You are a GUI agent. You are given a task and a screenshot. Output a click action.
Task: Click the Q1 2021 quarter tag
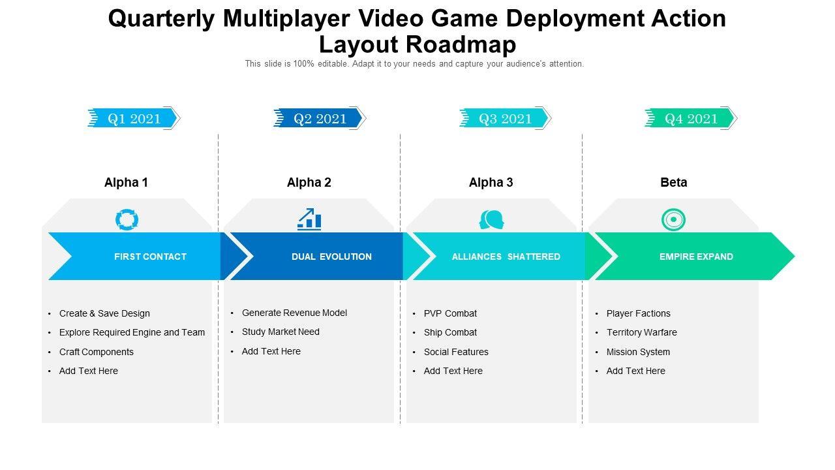point(134,118)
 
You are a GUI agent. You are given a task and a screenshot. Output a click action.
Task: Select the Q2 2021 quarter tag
point(320,118)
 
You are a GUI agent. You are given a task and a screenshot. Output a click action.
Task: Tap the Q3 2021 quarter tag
point(505,118)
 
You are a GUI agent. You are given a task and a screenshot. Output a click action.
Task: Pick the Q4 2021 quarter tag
point(691,118)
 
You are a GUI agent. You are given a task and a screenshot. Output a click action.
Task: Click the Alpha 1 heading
point(126,183)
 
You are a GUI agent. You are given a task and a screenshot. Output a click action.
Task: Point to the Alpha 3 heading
point(491,183)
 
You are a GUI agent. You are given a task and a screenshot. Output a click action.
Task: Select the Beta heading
point(673,183)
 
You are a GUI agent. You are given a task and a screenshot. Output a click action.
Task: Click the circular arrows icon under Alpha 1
point(127,219)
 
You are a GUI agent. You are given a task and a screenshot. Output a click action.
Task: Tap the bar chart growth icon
point(309,219)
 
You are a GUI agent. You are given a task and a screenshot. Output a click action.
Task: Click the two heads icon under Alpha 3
point(491,220)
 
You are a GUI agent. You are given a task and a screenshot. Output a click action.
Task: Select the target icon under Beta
point(673,220)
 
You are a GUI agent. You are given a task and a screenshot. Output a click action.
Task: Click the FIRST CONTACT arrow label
point(150,257)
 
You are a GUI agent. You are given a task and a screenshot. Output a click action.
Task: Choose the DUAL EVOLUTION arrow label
point(331,257)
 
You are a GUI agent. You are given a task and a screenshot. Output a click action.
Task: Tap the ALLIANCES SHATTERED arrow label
point(506,257)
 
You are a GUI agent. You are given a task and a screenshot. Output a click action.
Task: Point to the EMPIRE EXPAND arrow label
point(696,257)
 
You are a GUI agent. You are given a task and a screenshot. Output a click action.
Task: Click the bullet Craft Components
point(97,352)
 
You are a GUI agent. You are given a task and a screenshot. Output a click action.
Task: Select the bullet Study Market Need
point(281,332)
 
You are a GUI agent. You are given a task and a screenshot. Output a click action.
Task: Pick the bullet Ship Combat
point(450,332)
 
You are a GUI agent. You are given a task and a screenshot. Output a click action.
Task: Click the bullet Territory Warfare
point(641,332)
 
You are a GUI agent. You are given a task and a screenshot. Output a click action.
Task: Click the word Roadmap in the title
point(461,44)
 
